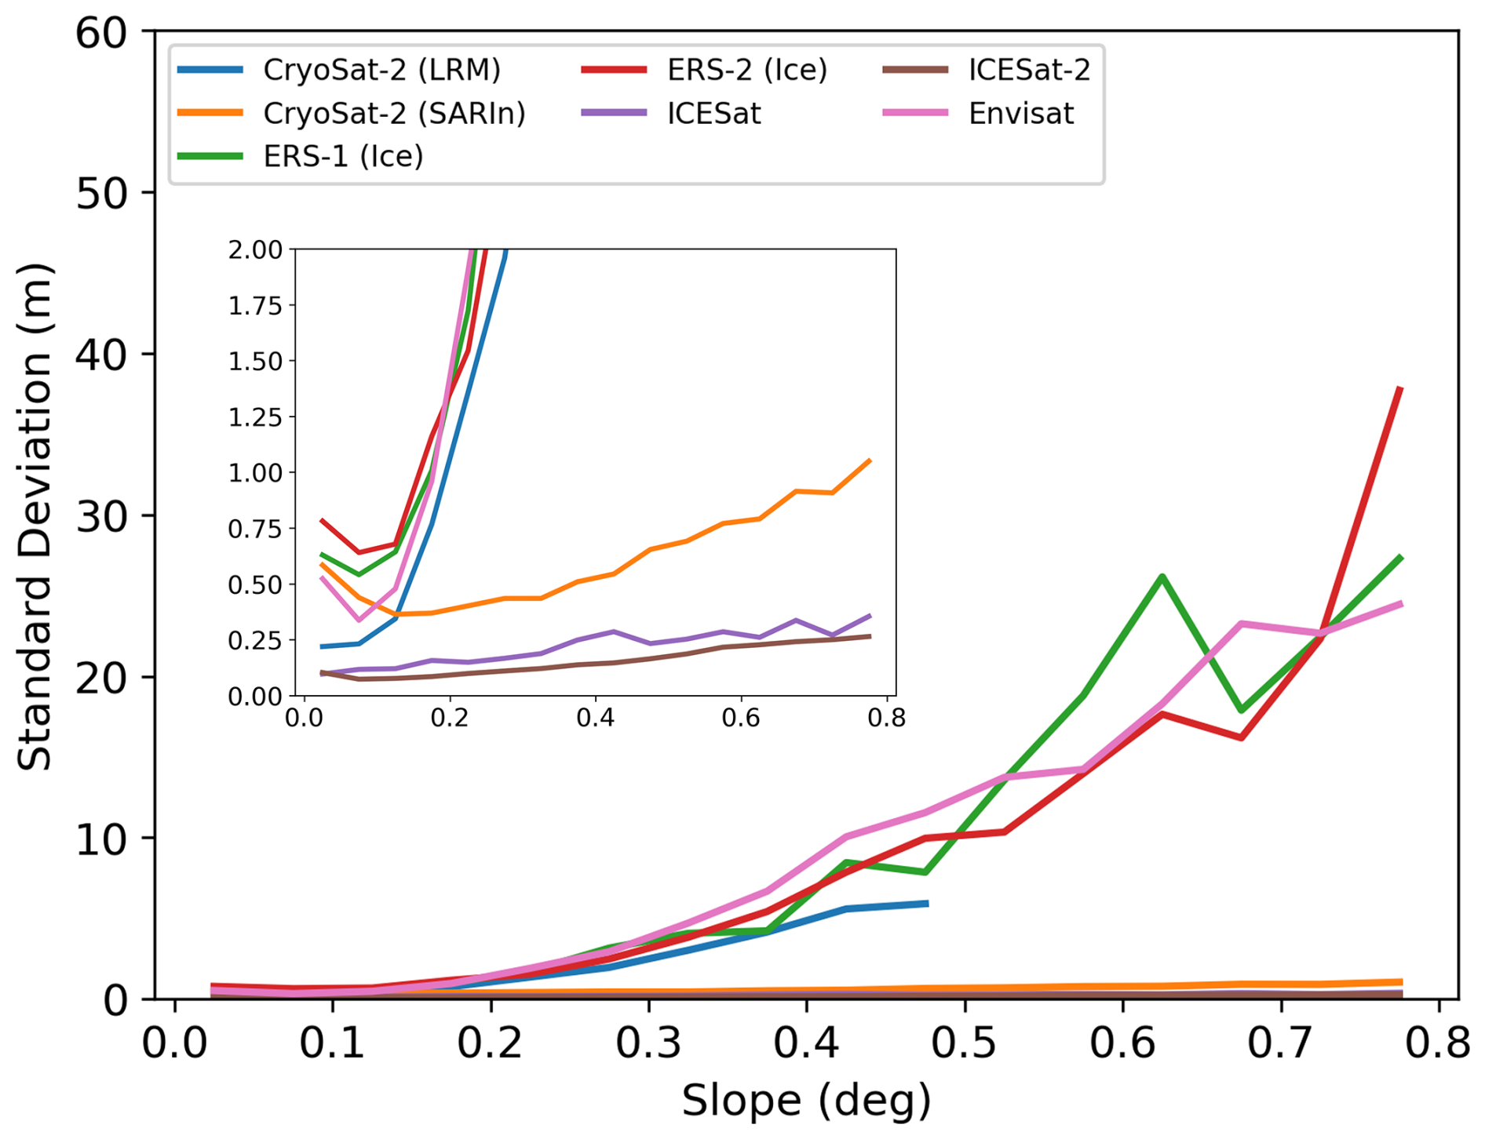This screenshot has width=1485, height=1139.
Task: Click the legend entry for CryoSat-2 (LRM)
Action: pos(381,71)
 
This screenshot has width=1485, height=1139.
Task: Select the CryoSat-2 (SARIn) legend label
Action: pos(394,114)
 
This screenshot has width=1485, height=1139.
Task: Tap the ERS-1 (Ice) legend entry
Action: pos(343,156)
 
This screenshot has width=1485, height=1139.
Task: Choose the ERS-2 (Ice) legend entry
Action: pos(746,71)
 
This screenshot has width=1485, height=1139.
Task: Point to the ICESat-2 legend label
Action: pos(1029,71)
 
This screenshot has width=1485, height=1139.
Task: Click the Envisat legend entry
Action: pos(1020,114)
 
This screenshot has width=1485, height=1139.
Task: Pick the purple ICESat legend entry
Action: pos(713,114)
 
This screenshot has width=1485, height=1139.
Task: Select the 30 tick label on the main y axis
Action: pos(101,516)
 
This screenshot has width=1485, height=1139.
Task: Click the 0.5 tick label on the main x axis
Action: pos(965,1044)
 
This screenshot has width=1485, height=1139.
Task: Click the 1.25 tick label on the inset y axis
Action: pos(255,417)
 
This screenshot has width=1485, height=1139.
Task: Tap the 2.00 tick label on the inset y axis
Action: pos(255,250)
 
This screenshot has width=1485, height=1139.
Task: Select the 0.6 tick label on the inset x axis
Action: pos(741,718)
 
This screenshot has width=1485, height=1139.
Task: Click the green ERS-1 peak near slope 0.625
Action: pos(1162,577)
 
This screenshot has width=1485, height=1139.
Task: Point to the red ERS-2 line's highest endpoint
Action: pos(1400,388)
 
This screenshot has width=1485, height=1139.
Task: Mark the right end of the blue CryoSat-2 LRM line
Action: pos(927,904)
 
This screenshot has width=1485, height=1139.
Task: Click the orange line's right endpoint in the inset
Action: pos(870,460)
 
